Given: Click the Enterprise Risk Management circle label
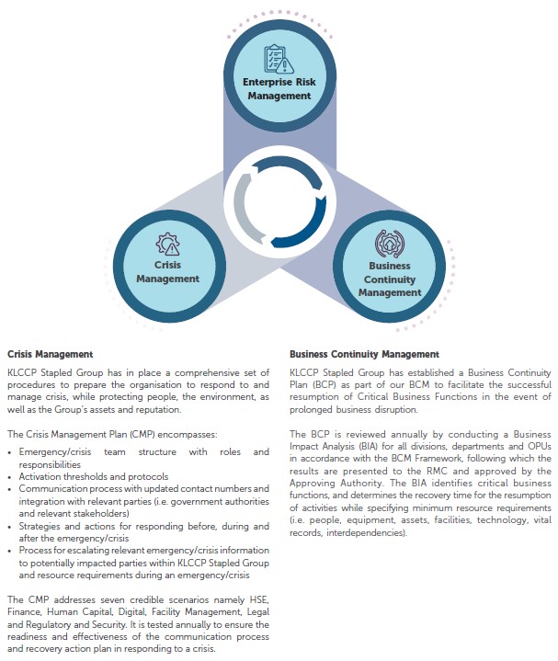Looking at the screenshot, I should coord(279,88).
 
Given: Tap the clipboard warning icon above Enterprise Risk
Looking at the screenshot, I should coord(279,60).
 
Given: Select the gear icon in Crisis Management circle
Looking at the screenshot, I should coord(168,245).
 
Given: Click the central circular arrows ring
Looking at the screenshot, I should coord(279,200).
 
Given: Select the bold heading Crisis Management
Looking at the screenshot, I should coord(50,353).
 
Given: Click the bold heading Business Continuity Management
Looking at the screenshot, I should coord(364,353).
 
